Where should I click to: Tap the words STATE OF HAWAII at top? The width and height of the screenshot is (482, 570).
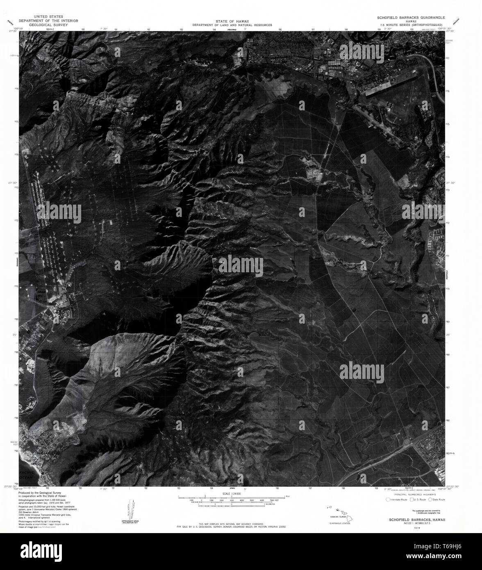232,21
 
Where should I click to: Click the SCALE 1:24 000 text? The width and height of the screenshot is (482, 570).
232,493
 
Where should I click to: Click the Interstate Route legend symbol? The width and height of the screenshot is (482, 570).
389,499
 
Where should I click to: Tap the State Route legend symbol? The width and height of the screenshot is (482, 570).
430,499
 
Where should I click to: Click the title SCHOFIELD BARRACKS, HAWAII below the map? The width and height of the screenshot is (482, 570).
414,519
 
